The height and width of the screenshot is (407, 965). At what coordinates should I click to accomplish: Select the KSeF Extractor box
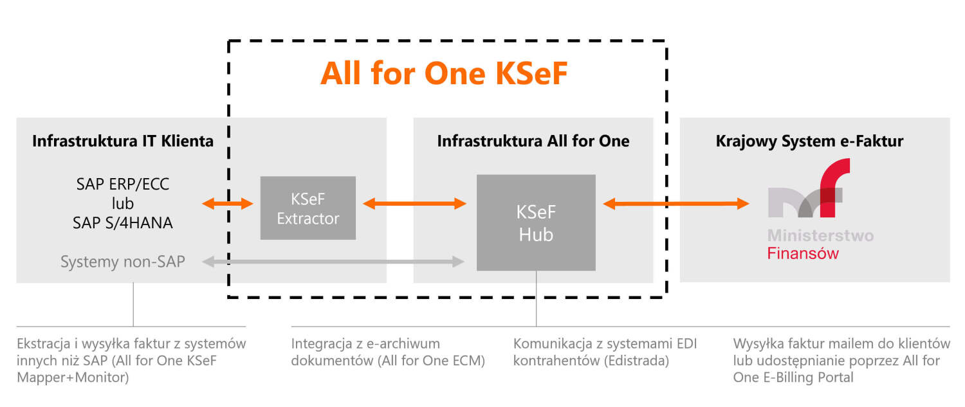click(x=308, y=208)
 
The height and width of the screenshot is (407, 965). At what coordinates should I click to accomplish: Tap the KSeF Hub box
click(x=536, y=222)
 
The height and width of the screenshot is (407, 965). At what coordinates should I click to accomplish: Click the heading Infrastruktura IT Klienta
click(x=123, y=141)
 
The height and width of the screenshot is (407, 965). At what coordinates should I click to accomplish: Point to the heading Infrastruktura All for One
click(x=533, y=141)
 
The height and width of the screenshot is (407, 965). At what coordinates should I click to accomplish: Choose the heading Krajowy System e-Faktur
click(x=809, y=141)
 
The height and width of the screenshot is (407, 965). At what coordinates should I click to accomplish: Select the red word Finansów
click(x=803, y=253)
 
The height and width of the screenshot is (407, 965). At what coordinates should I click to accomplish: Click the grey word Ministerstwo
click(x=820, y=235)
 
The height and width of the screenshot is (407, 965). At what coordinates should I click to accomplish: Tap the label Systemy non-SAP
click(x=123, y=262)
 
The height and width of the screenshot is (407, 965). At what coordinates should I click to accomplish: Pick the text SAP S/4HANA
click(x=123, y=224)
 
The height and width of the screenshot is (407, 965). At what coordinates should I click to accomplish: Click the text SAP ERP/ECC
click(x=123, y=185)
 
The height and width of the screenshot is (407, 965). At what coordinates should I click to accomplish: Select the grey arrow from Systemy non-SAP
click(x=333, y=262)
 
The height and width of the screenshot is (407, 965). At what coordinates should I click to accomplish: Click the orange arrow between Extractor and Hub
click(x=414, y=204)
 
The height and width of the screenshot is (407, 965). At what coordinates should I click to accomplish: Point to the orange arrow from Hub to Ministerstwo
click(x=675, y=204)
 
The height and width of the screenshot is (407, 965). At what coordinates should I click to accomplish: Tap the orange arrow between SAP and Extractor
click(x=228, y=204)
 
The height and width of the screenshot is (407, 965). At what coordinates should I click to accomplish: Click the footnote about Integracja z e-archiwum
click(x=388, y=352)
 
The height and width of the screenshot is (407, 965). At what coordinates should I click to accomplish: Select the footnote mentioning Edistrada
click(x=605, y=352)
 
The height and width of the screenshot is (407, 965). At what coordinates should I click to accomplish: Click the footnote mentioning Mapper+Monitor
click(x=131, y=361)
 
